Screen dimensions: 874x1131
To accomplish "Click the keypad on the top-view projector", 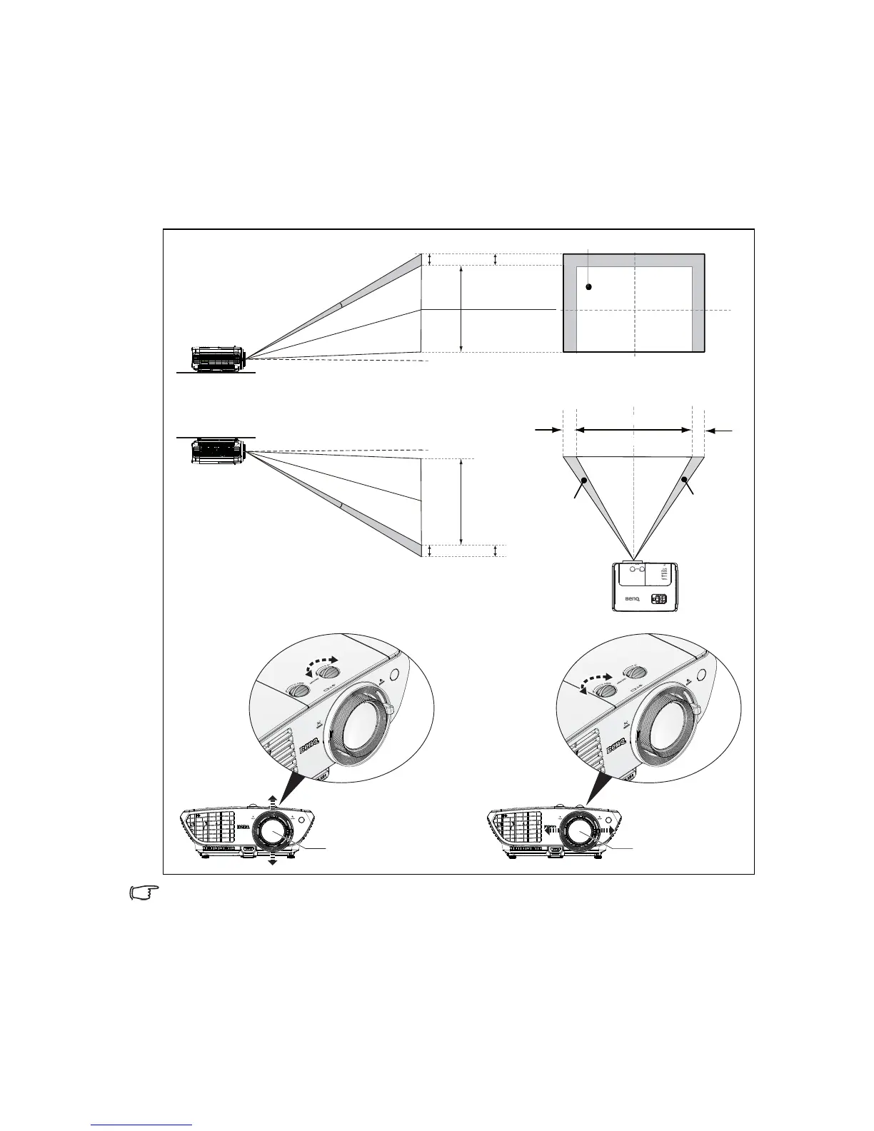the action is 660,600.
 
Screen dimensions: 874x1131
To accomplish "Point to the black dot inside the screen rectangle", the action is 588,287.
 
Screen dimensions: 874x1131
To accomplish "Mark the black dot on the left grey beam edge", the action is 584,481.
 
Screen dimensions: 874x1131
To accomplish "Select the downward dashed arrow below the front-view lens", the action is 272,860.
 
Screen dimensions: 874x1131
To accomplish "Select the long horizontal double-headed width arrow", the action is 633,430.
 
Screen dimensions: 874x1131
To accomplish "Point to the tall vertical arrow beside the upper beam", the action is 462,308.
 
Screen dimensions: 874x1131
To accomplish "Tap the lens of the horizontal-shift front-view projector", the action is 578,831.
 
